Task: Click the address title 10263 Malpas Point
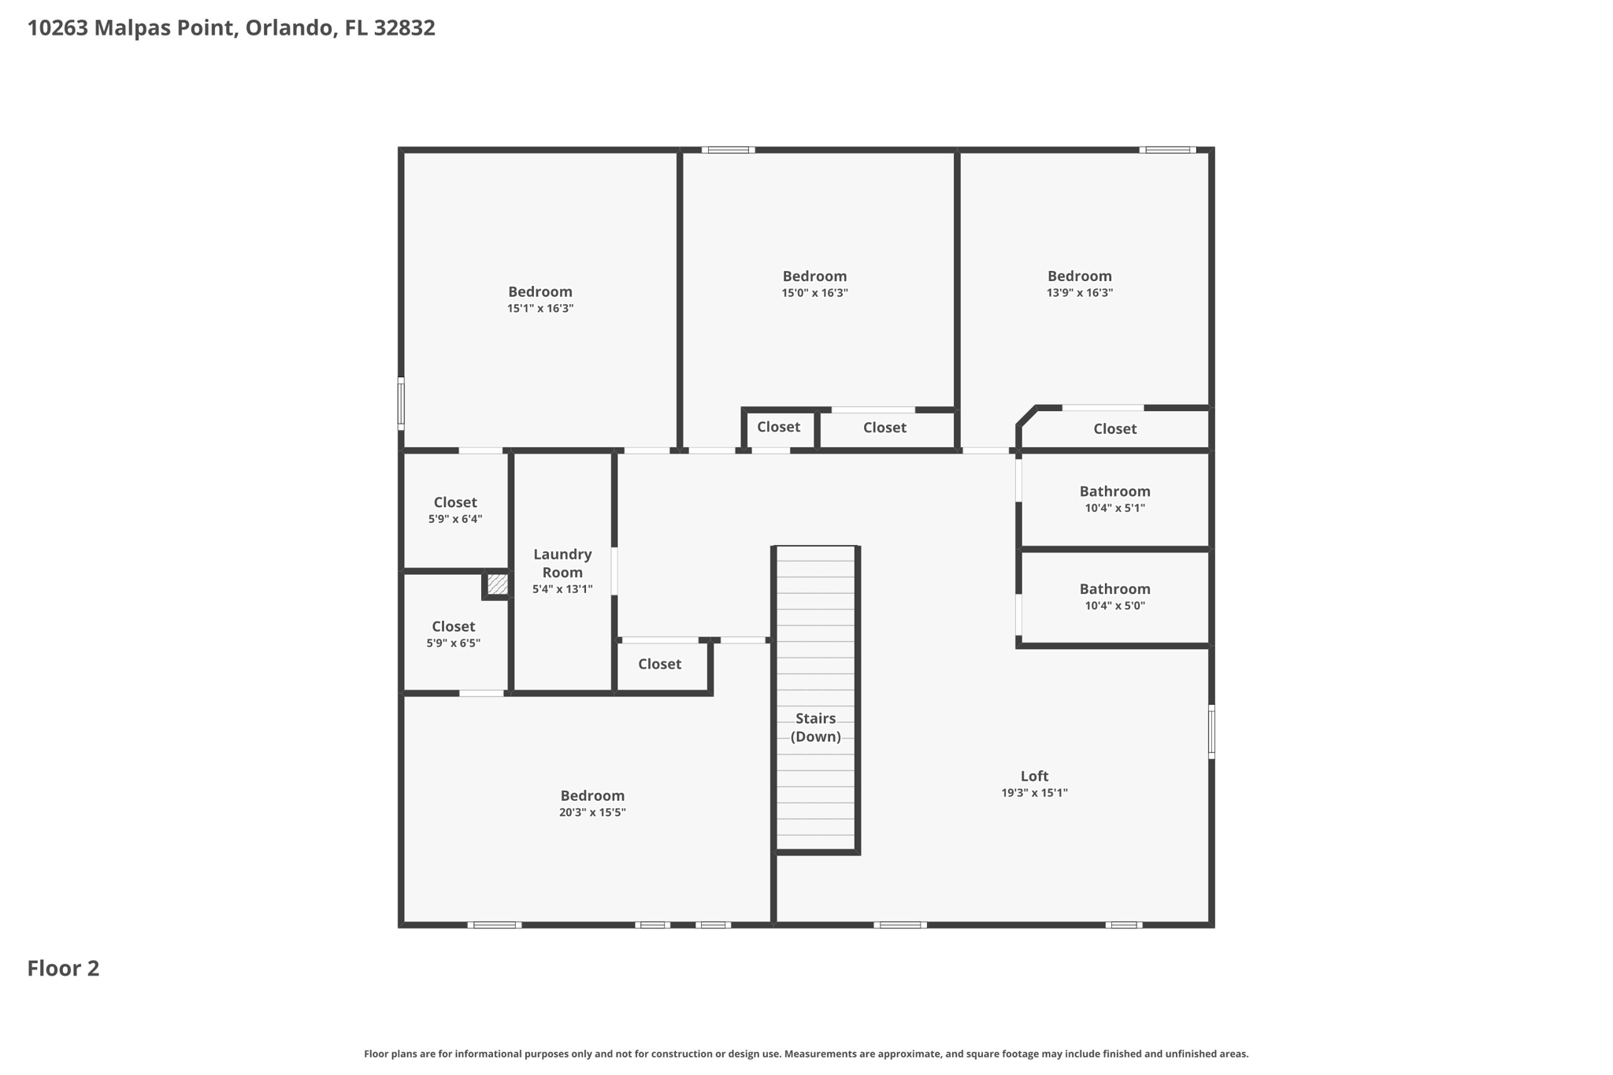pos(231,28)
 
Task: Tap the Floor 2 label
pos(63,968)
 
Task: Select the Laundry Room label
pos(562,563)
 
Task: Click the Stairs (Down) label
pos(815,727)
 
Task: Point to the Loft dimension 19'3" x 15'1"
pos(1034,793)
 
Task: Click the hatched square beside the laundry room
pos(497,584)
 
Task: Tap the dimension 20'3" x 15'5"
pos(592,813)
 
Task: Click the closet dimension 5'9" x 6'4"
pos(455,519)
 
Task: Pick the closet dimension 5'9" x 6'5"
pos(453,643)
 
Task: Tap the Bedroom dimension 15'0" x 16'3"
pos(814,293)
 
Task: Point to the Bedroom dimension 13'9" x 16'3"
pos(1079,293)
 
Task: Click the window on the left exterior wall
pos(401,403)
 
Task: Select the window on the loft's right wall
pos(1211,732)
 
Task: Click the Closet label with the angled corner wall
pos(1114,428)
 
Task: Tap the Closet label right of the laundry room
pos(659,664)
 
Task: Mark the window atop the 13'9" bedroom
pos(1167,150)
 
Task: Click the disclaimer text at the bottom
pos(806,1054)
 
